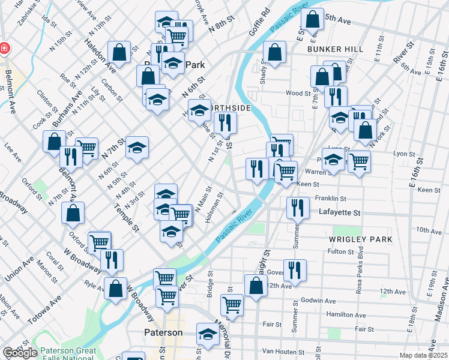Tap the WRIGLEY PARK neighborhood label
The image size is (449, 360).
pos(360,239)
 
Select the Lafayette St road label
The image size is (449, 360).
pos(339,212)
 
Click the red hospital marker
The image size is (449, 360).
pos(4,47)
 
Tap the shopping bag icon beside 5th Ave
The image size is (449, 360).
pos(312,20)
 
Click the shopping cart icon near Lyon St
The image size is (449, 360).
pos(359,160)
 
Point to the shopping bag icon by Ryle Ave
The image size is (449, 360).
pos(115,289)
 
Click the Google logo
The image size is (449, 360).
pos(20,353)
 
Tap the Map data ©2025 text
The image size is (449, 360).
pos(424,356)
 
